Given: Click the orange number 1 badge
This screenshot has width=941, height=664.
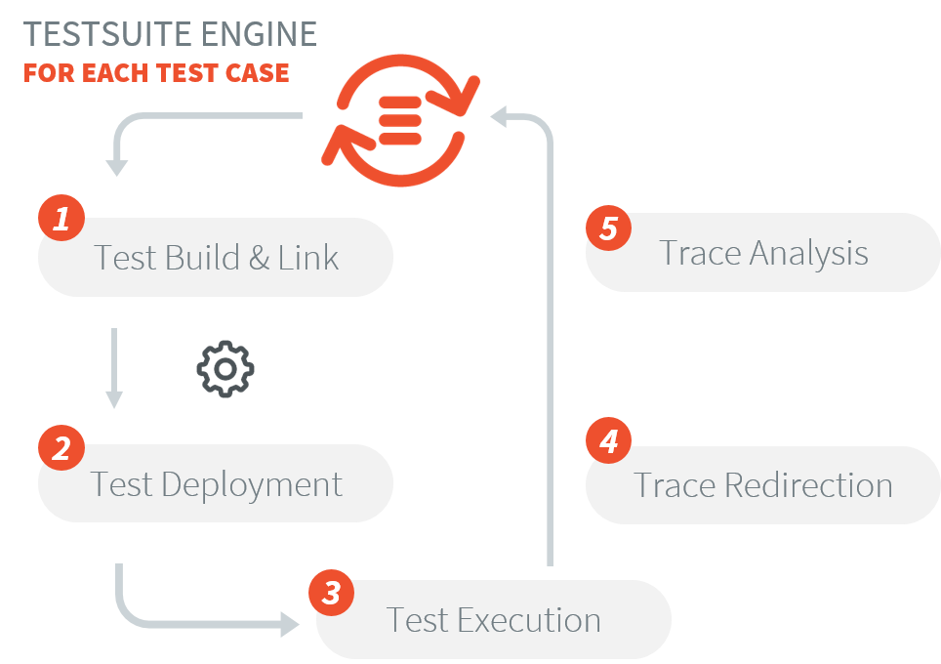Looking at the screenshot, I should click(x=61, y=219).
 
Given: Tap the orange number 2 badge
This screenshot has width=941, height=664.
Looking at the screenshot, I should click(x=61, y=448).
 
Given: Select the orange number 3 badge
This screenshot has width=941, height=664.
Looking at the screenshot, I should click(x=332, y=593).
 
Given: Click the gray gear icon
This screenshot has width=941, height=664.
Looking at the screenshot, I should click(x=225, y=369).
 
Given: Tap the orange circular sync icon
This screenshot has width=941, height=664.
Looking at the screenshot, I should click(x=400, y=119).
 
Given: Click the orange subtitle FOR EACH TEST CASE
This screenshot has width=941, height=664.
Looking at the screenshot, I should click(x=156, y=73).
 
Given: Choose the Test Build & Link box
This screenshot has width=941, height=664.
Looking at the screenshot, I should click(x=216, y=258).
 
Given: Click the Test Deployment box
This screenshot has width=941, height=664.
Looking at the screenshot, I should click(x=216, y=484).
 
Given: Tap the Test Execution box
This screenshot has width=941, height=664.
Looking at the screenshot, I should click(x=494, y=620).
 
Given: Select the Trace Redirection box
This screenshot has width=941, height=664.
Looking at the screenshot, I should click(x=762, y=485).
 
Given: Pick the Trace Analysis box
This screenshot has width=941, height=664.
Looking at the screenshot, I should click(x=762, y=253).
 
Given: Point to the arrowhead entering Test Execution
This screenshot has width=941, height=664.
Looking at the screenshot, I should click(x=291, y=624).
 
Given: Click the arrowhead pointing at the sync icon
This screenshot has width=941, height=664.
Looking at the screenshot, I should click(x=499, y=117).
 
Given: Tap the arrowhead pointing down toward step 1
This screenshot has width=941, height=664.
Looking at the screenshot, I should click(x=117, y=167).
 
